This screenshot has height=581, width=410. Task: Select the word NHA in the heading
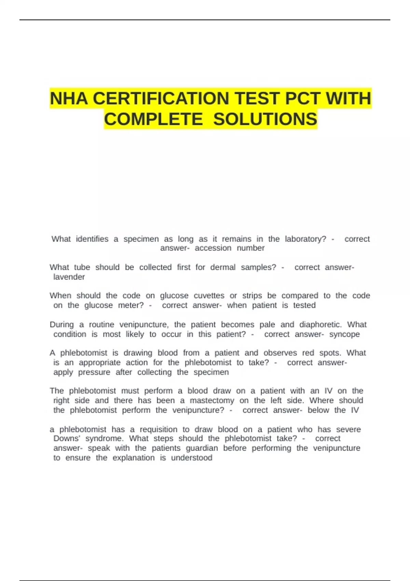(69, 99)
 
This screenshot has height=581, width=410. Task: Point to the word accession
(213, 248)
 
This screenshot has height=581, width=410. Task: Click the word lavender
(69, 277)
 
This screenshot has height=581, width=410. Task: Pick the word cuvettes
(209, 296)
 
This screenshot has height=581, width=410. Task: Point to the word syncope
(344, 334)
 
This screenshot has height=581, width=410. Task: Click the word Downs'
(67, 438)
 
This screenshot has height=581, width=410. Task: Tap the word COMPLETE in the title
(153, 119)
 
